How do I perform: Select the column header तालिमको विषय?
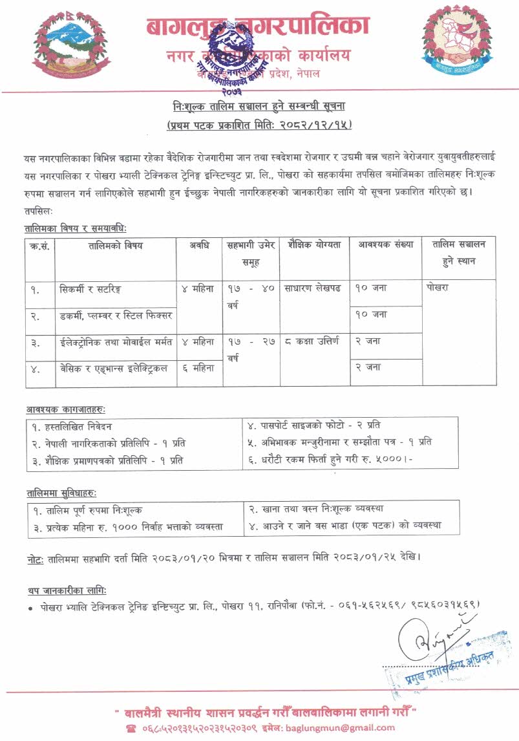tap(115, 246)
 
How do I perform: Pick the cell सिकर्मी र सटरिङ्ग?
tap(89, 289)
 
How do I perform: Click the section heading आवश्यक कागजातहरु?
tap(66, 410)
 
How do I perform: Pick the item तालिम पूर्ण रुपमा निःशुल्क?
tap(87, 510)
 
